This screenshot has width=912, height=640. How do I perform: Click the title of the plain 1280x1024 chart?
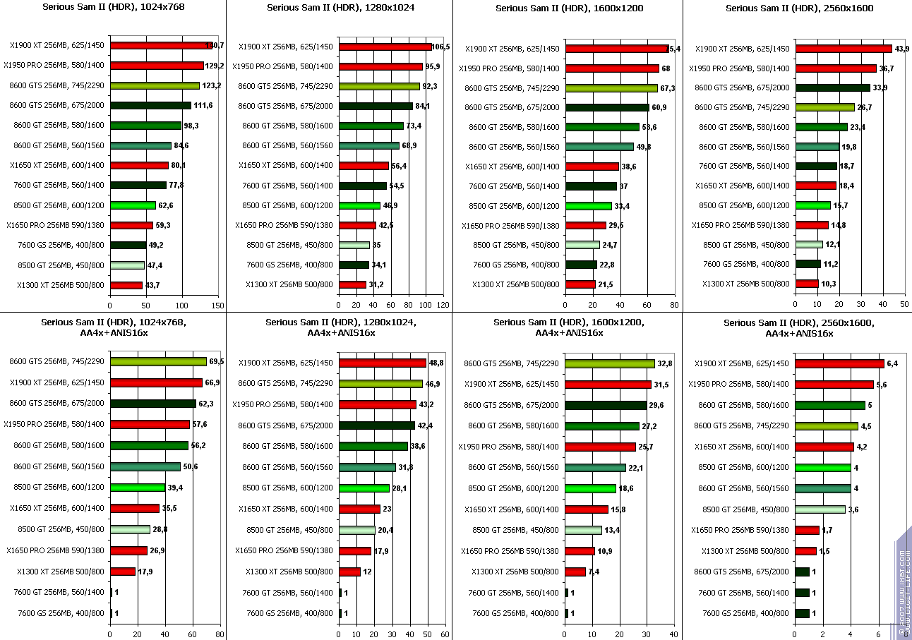[x=341, y=8]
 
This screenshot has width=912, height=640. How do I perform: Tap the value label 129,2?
[x=215, y=66]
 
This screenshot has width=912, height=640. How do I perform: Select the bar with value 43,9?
[x=843, y=49]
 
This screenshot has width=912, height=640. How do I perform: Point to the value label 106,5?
[x=440, y=47]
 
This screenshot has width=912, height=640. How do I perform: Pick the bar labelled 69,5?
[x=158, y=361]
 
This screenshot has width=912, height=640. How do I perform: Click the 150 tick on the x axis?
[x=217, y=306]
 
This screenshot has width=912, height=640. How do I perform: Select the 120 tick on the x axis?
[x=443, y=306]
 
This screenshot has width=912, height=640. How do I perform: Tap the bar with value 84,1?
[x=376, y=106]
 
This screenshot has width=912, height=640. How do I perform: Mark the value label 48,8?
[x=438, y=363]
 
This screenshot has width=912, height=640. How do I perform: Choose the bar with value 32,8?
[x=610, y=363]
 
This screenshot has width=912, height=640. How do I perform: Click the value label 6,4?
[x=892, y=363]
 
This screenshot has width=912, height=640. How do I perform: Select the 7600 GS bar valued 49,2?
[x=128, y=245]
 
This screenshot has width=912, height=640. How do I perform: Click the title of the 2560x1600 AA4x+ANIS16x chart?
[x=798, y=327]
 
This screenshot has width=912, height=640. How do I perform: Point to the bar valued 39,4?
[x=138, y=487]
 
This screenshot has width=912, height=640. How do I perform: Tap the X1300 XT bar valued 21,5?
[x=580, y=284]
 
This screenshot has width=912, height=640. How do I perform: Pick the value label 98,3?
[x=191, y=126]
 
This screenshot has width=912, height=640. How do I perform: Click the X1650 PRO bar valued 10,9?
[x=580, y=550]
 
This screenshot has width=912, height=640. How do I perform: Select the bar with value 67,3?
[x=611, y=88]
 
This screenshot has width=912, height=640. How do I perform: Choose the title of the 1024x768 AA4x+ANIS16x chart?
[x=113, y=327]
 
